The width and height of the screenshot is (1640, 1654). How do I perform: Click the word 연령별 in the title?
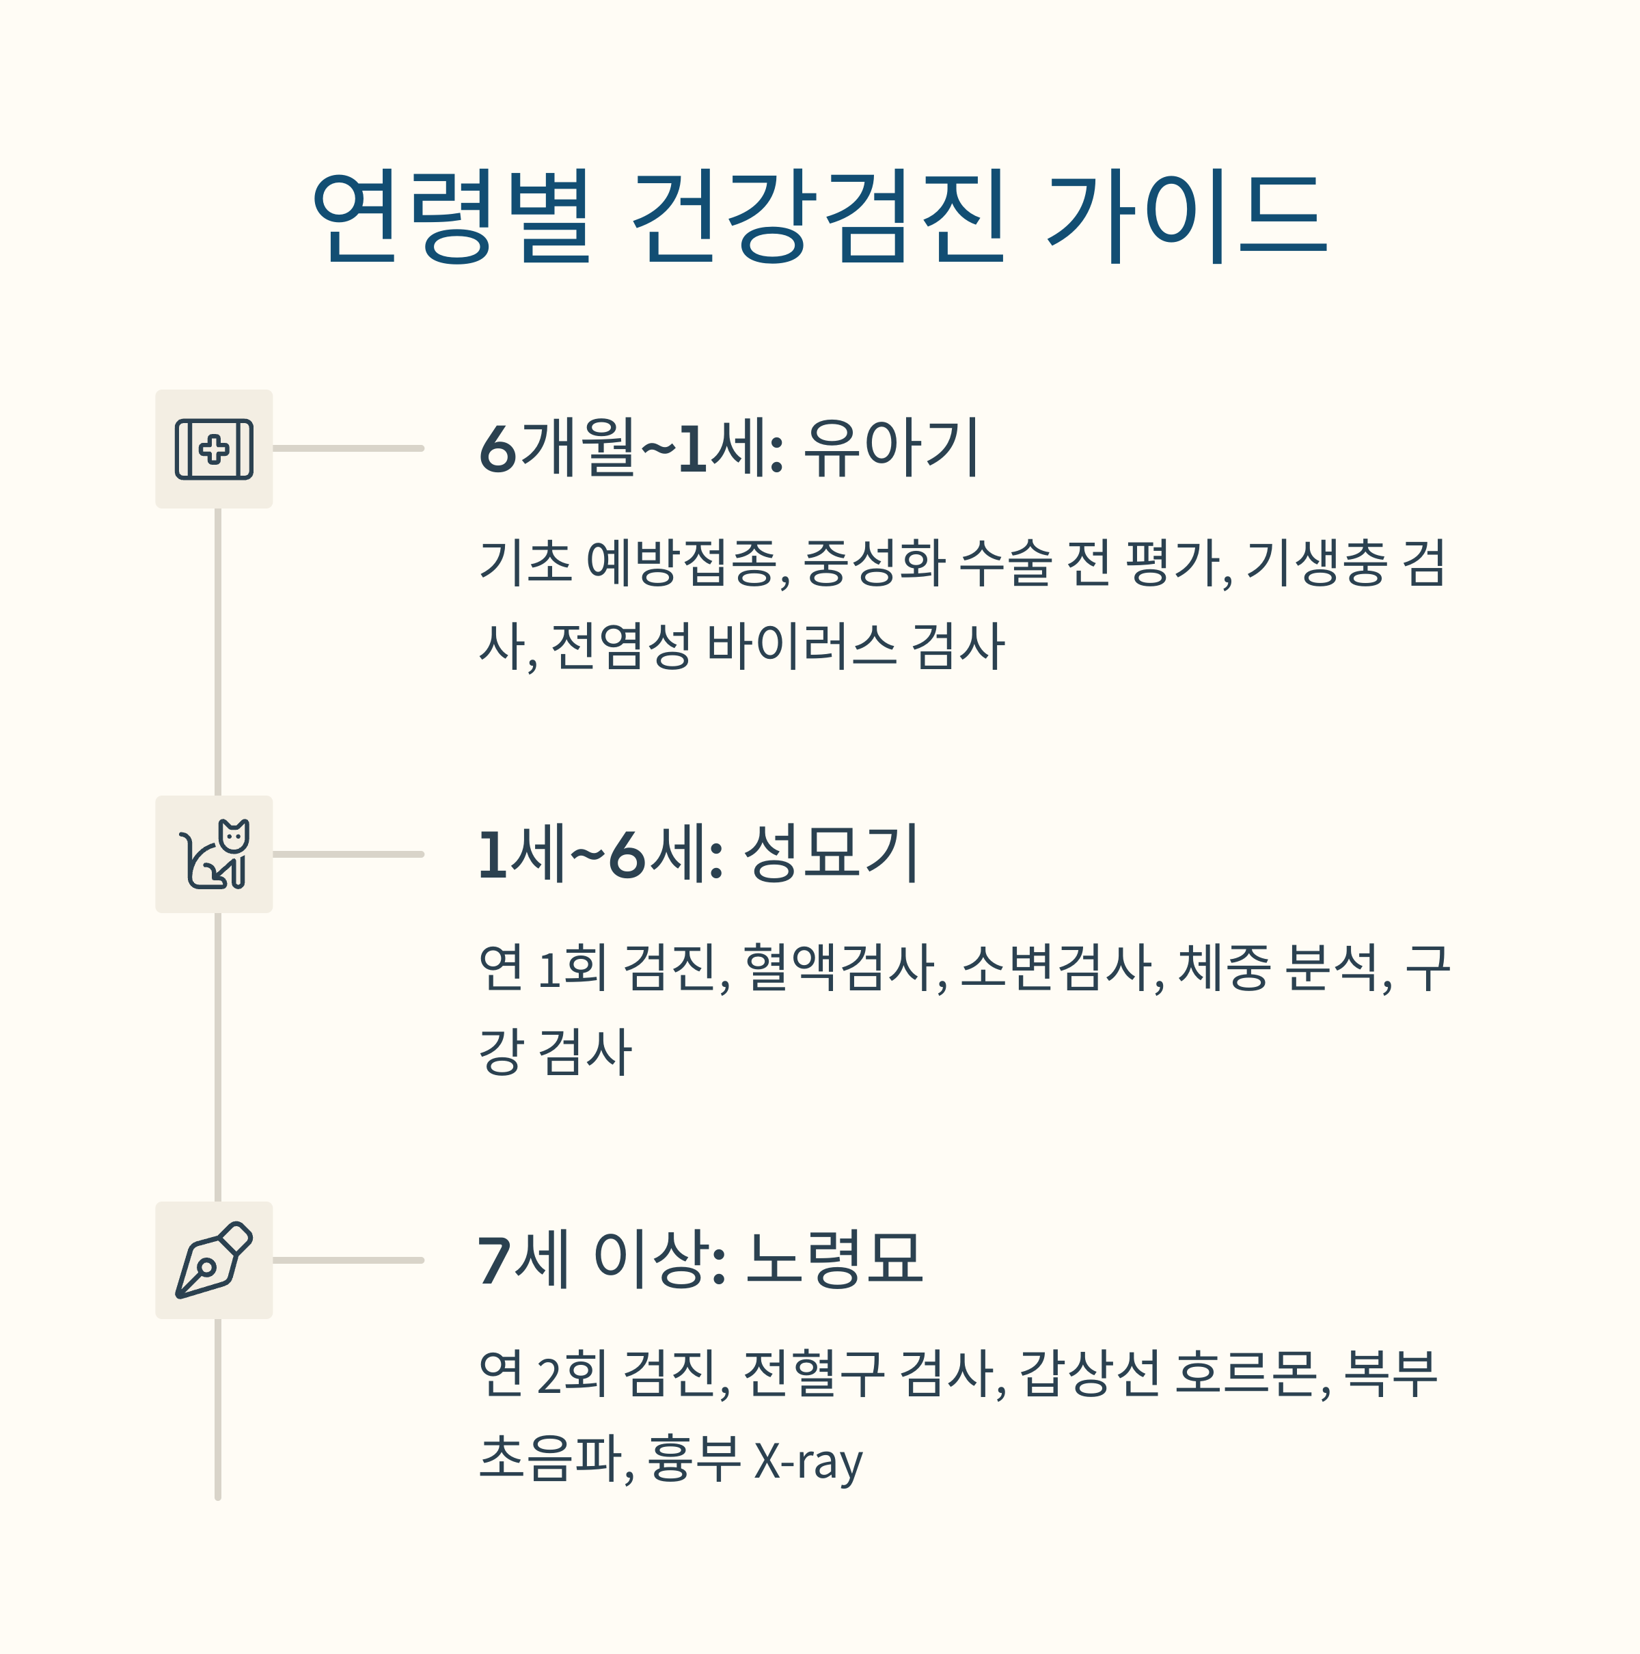tap(452, 216)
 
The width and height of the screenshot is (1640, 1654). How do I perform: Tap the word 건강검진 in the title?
tap(817, 216)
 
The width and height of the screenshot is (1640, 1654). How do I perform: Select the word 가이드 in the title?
tap(1186, 216)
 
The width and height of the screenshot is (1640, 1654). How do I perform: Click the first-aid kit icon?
tap(214, 448)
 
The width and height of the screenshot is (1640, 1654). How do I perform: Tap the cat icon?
tap(214, 854)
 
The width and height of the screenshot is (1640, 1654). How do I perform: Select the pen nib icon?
tap(214, 1260)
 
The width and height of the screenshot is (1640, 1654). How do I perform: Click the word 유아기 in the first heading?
tap(891, 448)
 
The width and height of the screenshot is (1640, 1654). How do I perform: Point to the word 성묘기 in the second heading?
tap(831, 854)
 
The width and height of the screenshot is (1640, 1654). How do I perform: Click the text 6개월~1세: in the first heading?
tap(631, 448)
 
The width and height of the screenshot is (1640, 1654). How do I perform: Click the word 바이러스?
tap(801, 647)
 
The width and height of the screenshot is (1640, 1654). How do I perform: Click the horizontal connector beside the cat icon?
tap(348, 854)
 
